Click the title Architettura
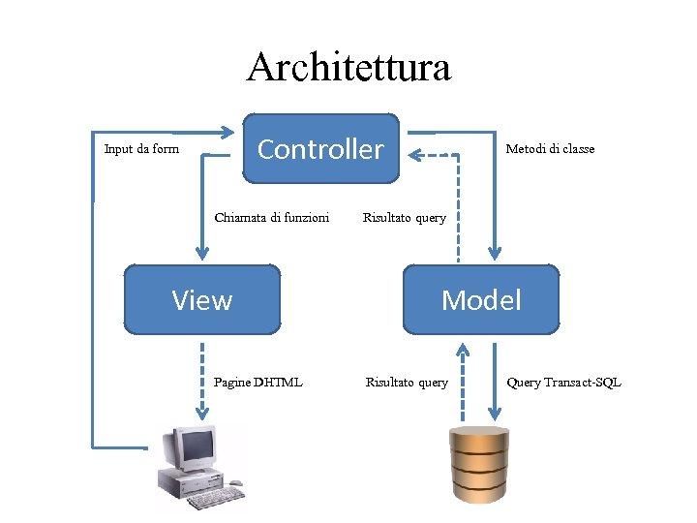coord(348,68)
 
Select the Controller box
coord(320,149)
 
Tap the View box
coord(202,300)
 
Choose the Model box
coord(481,300)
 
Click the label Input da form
coord(141,149)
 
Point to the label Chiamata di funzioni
coord(271,217)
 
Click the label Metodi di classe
coord(550,149)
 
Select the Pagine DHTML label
coord(258,383)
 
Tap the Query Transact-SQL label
coord(563,383)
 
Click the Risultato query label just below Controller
coord(404,217)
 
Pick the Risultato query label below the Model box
coord(407,383)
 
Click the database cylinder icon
coord(479,465)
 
